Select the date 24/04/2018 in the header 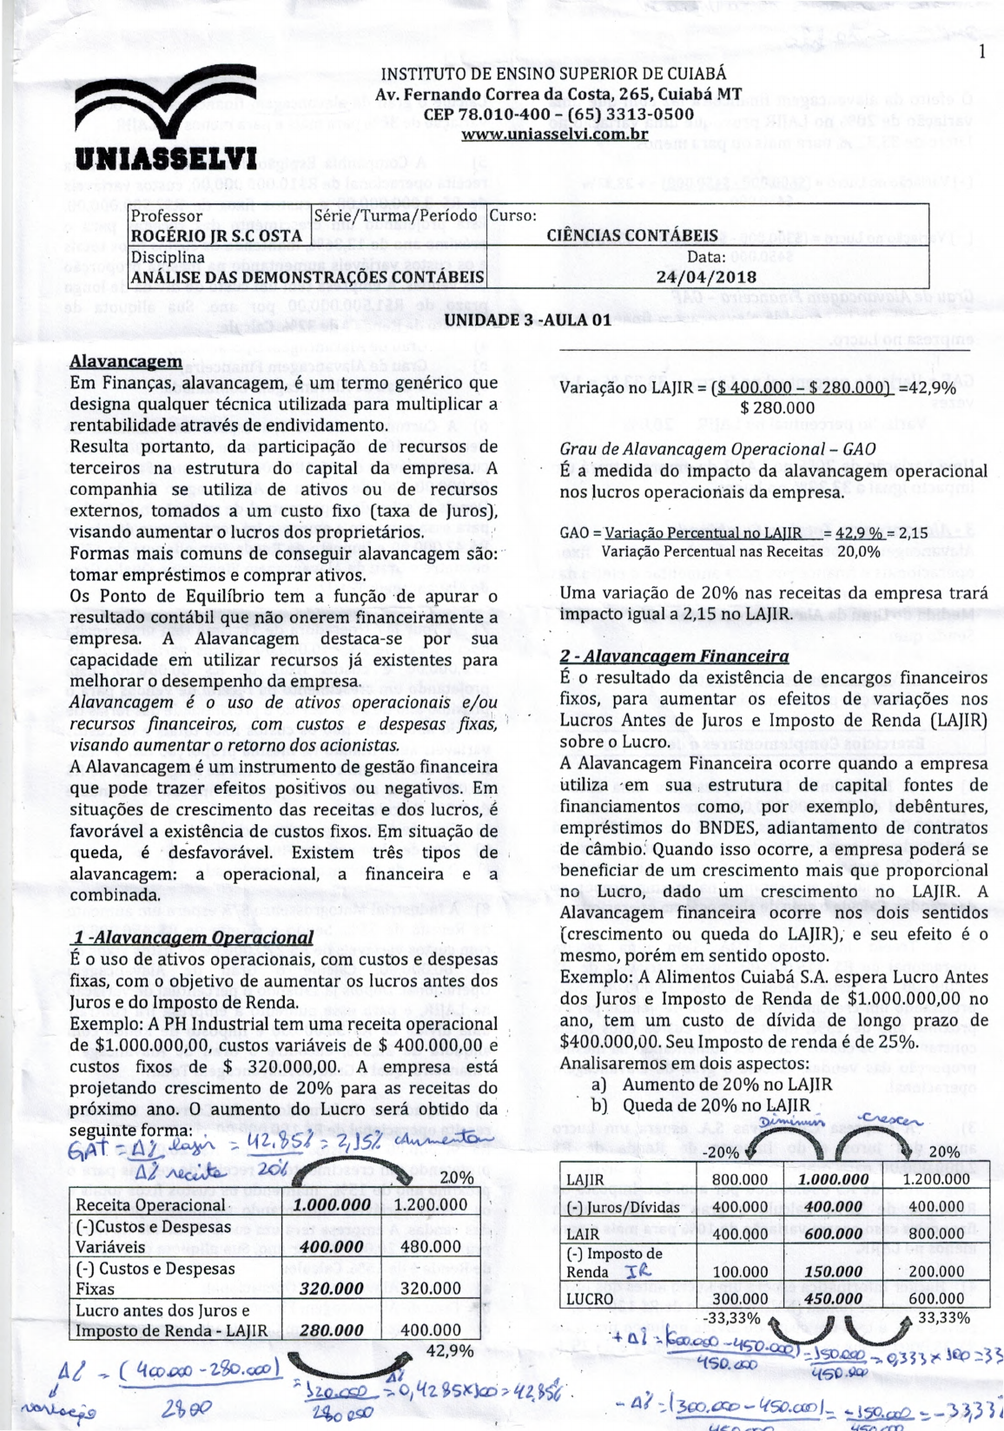point(706,277)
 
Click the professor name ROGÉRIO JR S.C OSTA point(216,235)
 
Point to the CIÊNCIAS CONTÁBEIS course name point(631,235)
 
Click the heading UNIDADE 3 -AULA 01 point(528,320)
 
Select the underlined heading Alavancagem point(126,361)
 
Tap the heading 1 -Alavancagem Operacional point(192,938)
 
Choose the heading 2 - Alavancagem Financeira point(674,656)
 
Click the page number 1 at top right point(981,52)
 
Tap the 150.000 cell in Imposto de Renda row point(833,1271)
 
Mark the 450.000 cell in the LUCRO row point(833,1299)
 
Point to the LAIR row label point(583,1233)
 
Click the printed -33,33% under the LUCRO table point(730,1318)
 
